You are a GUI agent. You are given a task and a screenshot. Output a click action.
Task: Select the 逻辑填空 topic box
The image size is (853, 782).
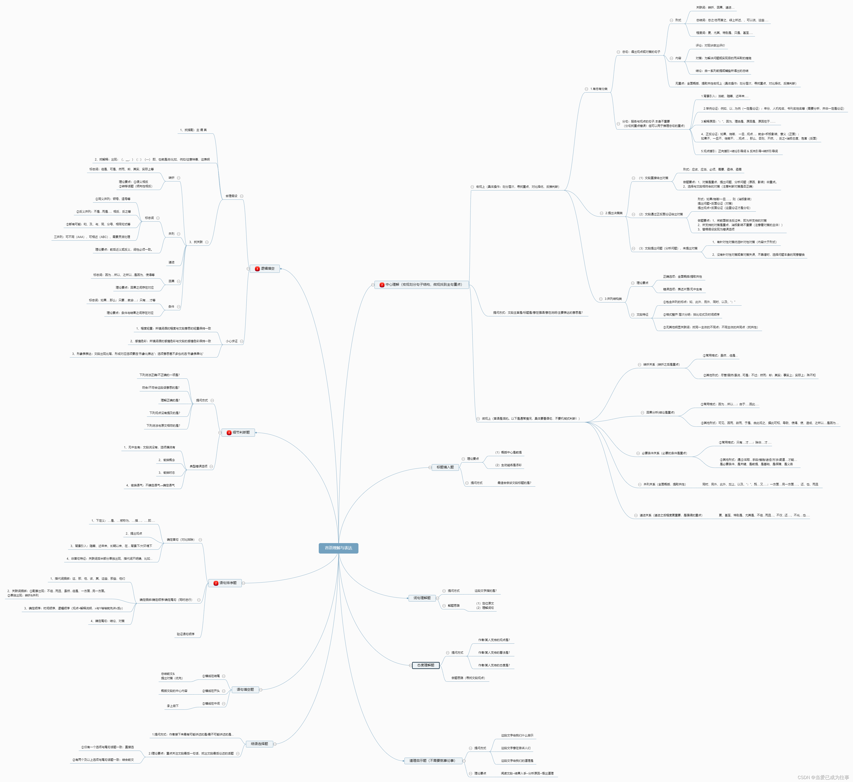pyautogui.click(x=265, y=269)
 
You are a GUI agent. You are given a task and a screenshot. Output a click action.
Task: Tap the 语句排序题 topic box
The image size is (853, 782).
pyautogui.click(x=225, y=583)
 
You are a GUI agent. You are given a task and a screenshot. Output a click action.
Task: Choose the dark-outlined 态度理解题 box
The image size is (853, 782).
pyautogui.click(x=426, y=665)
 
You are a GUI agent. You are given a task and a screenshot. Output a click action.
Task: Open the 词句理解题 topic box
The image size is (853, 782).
pyautogui.click(x=422, y=598)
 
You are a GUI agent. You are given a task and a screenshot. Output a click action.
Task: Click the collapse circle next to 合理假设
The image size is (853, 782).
pyautogui.click(x=242, y=196)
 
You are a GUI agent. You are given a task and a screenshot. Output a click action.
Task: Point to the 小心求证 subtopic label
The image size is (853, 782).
pyautogui.click(x=231, y=341)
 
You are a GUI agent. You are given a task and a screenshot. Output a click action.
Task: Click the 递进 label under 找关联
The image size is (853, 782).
pyautogui.click(x=171, y=262)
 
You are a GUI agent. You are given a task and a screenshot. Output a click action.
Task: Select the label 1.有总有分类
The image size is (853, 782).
pyautogui.click(x=599, y=89)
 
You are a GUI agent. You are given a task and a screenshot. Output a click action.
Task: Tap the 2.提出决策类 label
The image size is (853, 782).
pyautogui.click(x=614, y=213)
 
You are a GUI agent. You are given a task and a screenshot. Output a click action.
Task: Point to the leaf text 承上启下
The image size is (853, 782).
pyautogui.click(x=173, y=706)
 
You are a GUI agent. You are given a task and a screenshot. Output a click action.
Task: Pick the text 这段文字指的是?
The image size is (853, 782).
pyautogui.click(x=485, y=591)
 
